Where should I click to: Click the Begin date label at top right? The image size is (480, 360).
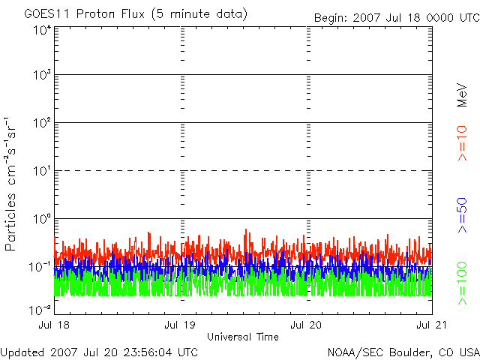(397, 18)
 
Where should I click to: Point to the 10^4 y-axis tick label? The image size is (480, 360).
(43, 30)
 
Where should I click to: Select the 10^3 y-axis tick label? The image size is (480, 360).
(43, 74)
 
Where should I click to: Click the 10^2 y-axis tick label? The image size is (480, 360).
(43, 123)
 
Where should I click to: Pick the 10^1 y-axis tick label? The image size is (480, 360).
(43, 171)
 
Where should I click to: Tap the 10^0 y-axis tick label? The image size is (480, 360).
(43, 219)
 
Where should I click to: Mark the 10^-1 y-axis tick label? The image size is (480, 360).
(40, 267)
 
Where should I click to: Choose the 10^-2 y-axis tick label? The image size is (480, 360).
(40, 310)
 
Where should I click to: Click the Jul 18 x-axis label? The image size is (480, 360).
(54, 325)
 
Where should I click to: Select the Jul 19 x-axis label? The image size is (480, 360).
(180, 325)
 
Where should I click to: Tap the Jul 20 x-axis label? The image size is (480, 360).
(306, 325)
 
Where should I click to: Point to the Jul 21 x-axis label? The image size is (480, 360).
(432, 325)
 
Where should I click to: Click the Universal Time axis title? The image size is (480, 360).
(243, 337)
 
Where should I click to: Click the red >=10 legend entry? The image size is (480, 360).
(462, 143)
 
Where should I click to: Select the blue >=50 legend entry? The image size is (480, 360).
(462, 215)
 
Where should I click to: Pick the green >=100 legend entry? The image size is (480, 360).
(462, 283)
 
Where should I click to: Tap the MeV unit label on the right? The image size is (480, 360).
(462, 95)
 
